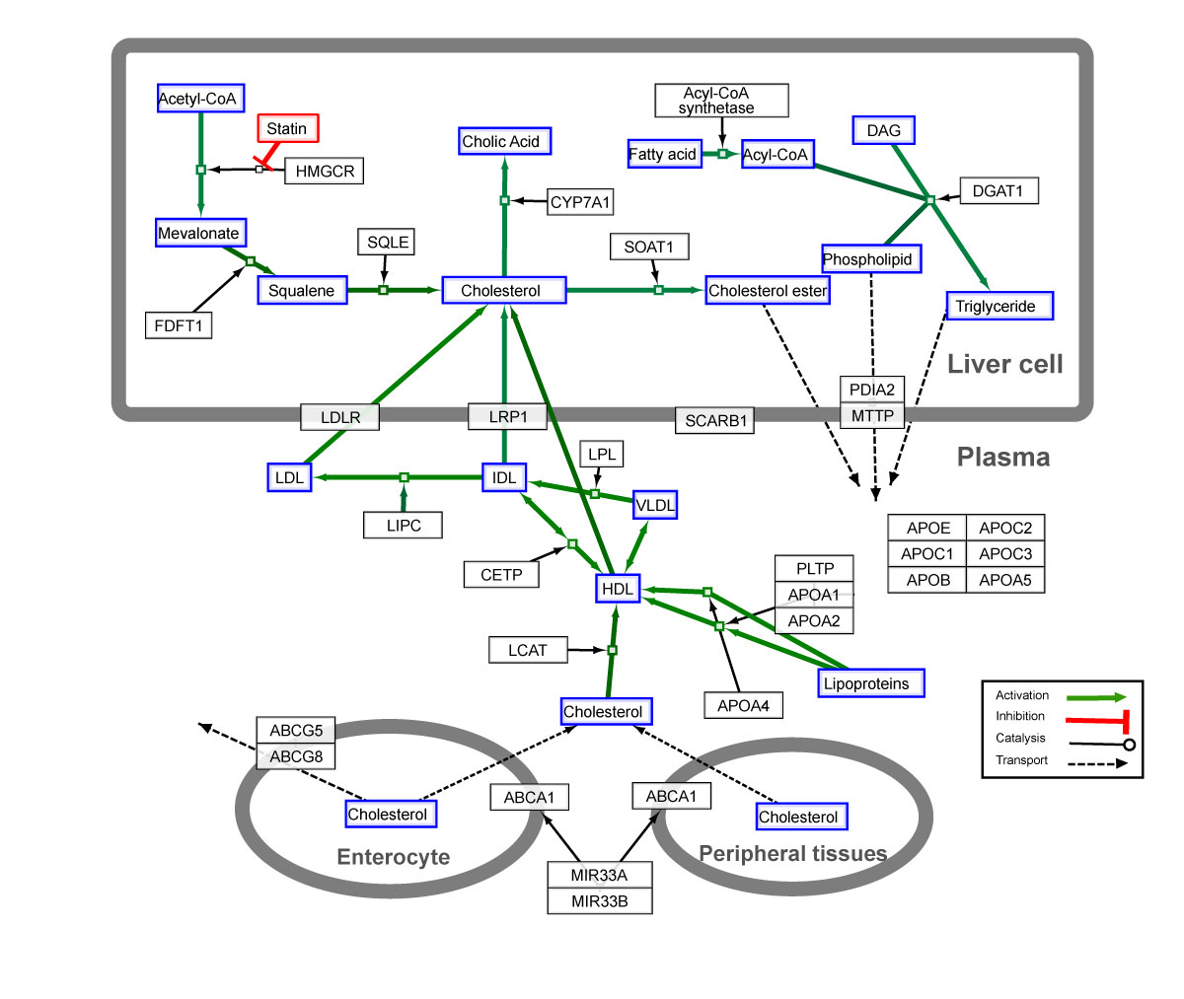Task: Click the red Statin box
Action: pos(288,128)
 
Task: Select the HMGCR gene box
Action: pos(325,172)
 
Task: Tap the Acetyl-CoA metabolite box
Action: pos(200,99)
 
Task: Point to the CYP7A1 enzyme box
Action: pos(580,203)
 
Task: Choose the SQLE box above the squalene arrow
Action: pos(387,242)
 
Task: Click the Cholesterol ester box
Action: pos(768,290)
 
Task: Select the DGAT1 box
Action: pos(998,190)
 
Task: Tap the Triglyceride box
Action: pos(999,306)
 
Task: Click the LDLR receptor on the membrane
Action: pos(340,417)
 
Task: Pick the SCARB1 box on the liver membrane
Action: pos(716,421)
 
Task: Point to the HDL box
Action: pos(618,589)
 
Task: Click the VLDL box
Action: pos(656,505)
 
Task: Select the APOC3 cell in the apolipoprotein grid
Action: pos(1004,553)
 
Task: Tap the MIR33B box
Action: pos(600,900)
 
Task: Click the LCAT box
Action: pos(528,650)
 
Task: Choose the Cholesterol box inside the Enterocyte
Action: pos(391,814)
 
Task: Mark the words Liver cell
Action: pos(1005,364)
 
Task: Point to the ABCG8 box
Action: pos(296,756)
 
